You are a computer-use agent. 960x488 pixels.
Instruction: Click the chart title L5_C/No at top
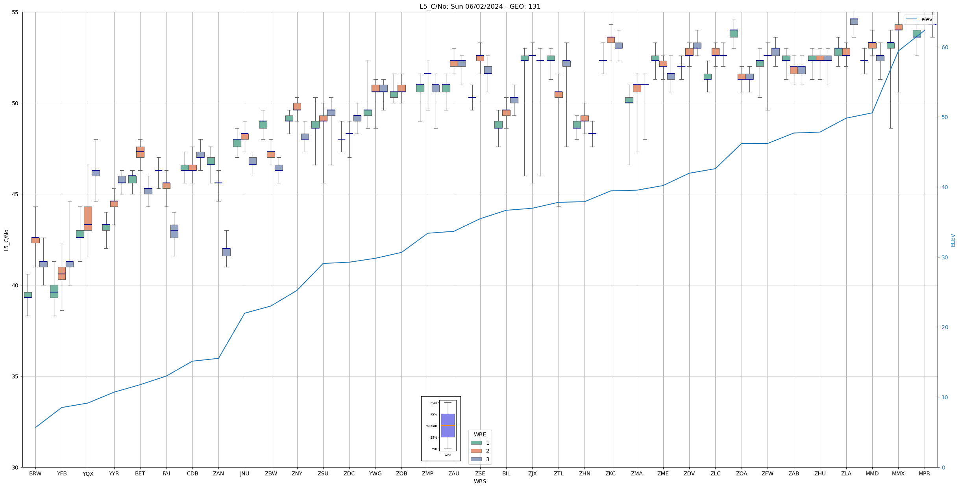(x=480, y=6)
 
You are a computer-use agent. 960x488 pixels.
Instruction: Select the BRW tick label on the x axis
(x=35, y=473)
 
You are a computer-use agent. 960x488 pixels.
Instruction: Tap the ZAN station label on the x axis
(x=218, y=473)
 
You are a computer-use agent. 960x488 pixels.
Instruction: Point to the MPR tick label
(x=924, y=473)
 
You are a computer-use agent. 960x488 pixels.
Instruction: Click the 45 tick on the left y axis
(x=16, y=194)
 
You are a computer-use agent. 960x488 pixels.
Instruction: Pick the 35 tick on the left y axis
(x=16, y=376)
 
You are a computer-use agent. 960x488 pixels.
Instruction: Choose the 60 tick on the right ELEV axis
(x=944, y=47)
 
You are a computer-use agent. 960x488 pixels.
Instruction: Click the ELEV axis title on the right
(x=953, y=240)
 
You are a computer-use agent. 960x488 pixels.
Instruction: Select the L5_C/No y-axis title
(x=6, y=240)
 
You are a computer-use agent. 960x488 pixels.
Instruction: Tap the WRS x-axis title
(x=480, y=481)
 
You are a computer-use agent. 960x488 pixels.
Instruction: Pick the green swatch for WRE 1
(x=476, y=443)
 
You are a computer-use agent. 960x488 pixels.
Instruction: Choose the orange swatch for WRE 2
(x=476, y=451)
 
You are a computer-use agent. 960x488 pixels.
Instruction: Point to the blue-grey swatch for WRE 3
(x=476, y=459)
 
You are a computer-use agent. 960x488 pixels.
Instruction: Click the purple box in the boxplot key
(x=448, y=425)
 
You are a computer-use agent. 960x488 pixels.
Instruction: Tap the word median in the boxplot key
(x=431, y=426)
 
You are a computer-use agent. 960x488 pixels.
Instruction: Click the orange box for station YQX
(x=88, y=218)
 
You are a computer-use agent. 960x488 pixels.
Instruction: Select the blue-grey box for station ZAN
(x=226, y=252)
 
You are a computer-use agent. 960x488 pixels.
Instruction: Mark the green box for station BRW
(x=28, y=295)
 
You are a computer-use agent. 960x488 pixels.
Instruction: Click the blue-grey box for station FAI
(x=174, y=231)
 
